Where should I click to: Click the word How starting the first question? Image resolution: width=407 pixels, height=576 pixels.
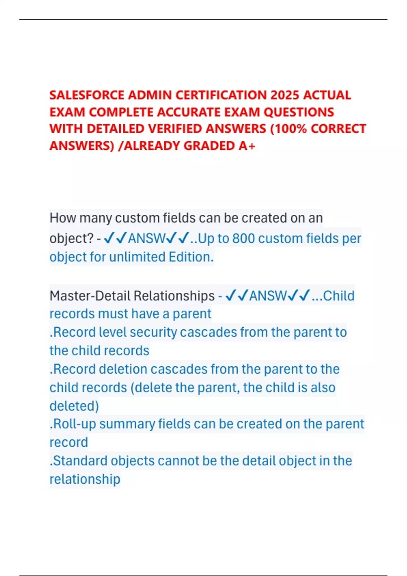point(62,218)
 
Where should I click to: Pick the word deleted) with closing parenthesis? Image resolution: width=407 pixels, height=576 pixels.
point(74,406)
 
